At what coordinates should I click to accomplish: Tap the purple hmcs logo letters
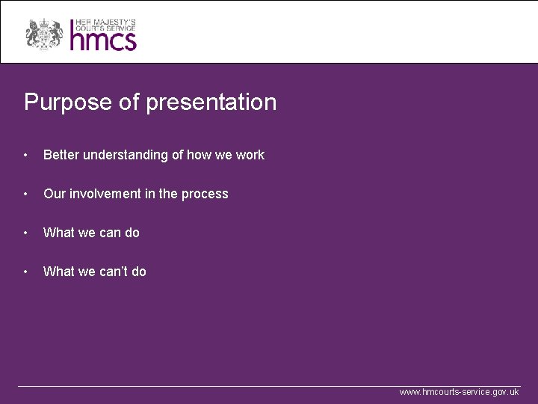[103, 39]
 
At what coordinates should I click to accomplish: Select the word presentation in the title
[211, 102]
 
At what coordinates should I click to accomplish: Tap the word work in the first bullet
[250, 155]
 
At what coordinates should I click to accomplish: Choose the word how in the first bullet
[199, 155]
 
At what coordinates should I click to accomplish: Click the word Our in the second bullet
[54, 194]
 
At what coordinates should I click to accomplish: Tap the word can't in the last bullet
[111, 272]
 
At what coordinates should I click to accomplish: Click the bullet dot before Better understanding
[26, 156]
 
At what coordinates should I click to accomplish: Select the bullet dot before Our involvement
[26, 195]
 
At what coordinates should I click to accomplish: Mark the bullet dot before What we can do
[26, 233]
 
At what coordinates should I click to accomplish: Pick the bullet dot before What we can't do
[26, 272]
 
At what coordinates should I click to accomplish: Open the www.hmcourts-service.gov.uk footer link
[459, 392]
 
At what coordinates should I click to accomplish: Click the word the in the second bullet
[168, 194]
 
